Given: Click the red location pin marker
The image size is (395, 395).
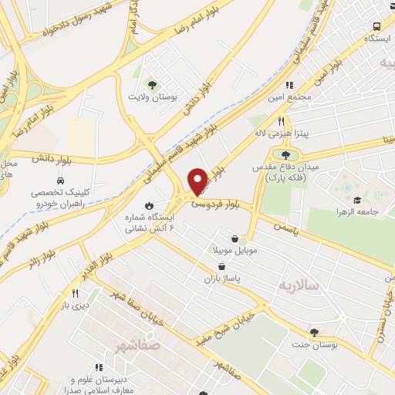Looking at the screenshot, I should coord(198,181).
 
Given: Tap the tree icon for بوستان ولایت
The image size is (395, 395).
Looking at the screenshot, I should coord(152,84).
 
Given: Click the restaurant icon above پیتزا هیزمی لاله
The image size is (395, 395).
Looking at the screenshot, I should coord(281,121).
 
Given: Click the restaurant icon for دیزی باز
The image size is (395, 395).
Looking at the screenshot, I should coord(75,293).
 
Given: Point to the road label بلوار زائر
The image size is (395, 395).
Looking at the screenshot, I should coord(46,248).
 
